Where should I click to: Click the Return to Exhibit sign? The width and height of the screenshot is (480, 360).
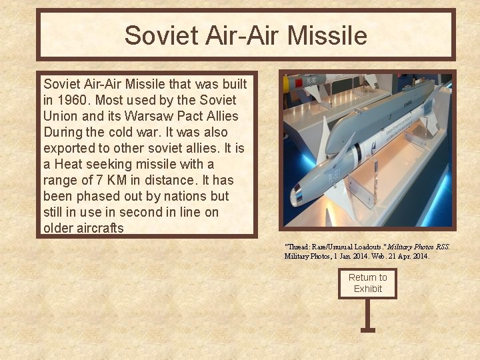coord(367,283)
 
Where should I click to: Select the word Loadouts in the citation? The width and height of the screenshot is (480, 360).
coord(361,247)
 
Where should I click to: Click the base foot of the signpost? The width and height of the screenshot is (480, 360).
coord(367,329)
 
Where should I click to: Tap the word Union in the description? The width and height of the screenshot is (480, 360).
coord(61,116)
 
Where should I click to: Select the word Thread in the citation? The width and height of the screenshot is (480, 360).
coord(298,247)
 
